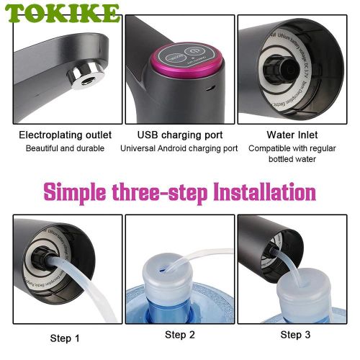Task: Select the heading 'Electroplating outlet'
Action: point(65,135)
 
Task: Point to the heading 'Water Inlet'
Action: point(292,135)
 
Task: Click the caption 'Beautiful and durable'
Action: point(65,148)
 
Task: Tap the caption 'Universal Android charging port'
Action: point(179,148)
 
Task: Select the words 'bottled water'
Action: point(292,160)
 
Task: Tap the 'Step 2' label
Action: point(179,334)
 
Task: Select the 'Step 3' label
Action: point(295,334)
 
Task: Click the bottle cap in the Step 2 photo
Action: point(172,280)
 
